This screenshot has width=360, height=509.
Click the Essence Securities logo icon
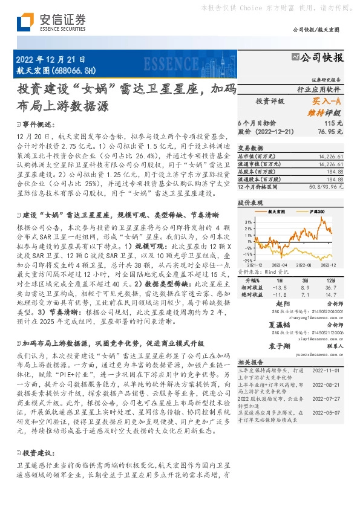tap(24, 22)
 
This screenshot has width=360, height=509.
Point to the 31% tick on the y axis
tap(249, 222)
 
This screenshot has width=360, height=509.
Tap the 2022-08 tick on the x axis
tap(303, 265)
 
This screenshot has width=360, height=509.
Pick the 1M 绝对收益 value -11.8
tap(279, 295)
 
